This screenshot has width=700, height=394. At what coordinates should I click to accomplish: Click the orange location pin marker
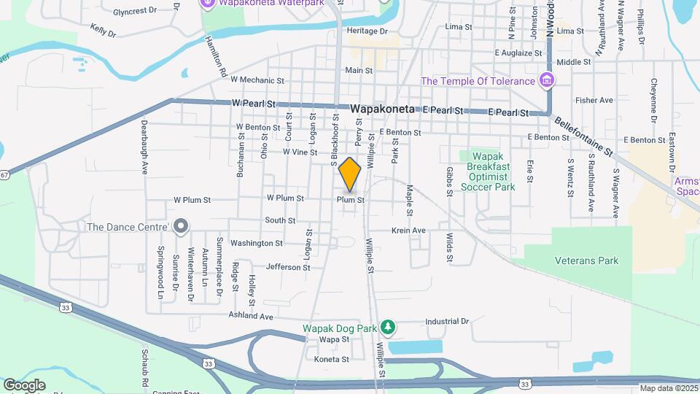(x=350, y=174)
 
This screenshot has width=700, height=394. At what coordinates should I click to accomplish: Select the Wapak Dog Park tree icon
(x=389, y=328)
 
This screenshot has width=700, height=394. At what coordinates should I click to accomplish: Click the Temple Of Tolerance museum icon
(x=546, y=80)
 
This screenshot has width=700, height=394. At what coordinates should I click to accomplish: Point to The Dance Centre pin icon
(x=182, y=227)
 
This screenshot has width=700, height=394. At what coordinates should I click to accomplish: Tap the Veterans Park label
(x=586, y=260)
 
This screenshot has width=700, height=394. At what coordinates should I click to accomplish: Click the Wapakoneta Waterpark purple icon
(x=207, y=4)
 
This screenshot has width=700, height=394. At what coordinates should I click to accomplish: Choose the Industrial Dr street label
(x=447, y=321)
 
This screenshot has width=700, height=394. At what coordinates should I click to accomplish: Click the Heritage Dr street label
(x=367, y=31)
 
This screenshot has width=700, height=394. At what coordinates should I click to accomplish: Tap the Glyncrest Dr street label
(x=136, y=11)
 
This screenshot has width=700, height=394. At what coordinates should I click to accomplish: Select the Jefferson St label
(x=288, y=267)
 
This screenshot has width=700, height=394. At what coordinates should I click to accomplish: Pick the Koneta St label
(x=332, y=360)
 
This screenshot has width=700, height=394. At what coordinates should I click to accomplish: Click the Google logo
(x=24, y=385)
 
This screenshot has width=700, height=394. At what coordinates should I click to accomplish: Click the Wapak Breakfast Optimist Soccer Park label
(x=488, y=171)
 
